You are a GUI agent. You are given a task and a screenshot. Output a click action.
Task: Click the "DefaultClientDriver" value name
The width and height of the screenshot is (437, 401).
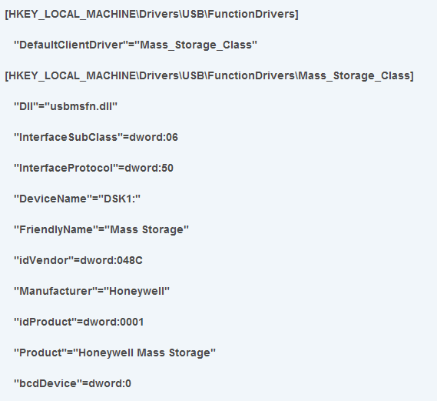[x=71, y=45]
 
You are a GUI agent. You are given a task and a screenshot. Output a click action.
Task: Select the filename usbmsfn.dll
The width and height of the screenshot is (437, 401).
[x=81, y=106]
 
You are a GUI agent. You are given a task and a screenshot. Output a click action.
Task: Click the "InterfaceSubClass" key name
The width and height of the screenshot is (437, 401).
[x=68, y=137]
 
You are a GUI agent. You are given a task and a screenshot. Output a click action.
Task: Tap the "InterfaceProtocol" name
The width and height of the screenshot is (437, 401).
[x=66, y=168]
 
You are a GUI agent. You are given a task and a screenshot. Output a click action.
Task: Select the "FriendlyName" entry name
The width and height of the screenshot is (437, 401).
[x=56, y=229]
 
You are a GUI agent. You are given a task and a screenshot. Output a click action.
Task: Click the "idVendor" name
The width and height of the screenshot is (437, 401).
[x=44, y=260]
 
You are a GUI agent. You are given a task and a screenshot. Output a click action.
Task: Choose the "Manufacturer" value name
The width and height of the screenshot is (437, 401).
[x=55, y=291]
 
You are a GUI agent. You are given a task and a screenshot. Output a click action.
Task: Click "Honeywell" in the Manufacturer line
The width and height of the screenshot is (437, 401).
[x=137, y=291]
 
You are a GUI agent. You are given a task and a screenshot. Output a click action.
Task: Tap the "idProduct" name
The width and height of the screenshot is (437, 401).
[x=45, y=322]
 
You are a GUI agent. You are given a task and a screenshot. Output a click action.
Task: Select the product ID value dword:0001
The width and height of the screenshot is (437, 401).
[x=114, y=322]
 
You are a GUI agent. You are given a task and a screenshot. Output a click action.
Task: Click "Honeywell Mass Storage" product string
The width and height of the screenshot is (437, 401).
[x=144, y=353]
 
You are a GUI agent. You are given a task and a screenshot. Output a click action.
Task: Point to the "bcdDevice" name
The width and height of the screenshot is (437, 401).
[x=48, y=383]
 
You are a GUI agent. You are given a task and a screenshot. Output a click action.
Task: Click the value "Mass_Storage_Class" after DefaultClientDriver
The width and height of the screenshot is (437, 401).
[x=196, y=45]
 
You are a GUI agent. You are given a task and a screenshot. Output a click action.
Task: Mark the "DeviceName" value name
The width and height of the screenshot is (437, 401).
[x=53, y=199]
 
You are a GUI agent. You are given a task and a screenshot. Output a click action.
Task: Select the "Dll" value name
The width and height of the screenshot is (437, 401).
[x=26, y=106]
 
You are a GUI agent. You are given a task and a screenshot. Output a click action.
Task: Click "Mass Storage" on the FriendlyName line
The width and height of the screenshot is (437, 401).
[x=147, y=229]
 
